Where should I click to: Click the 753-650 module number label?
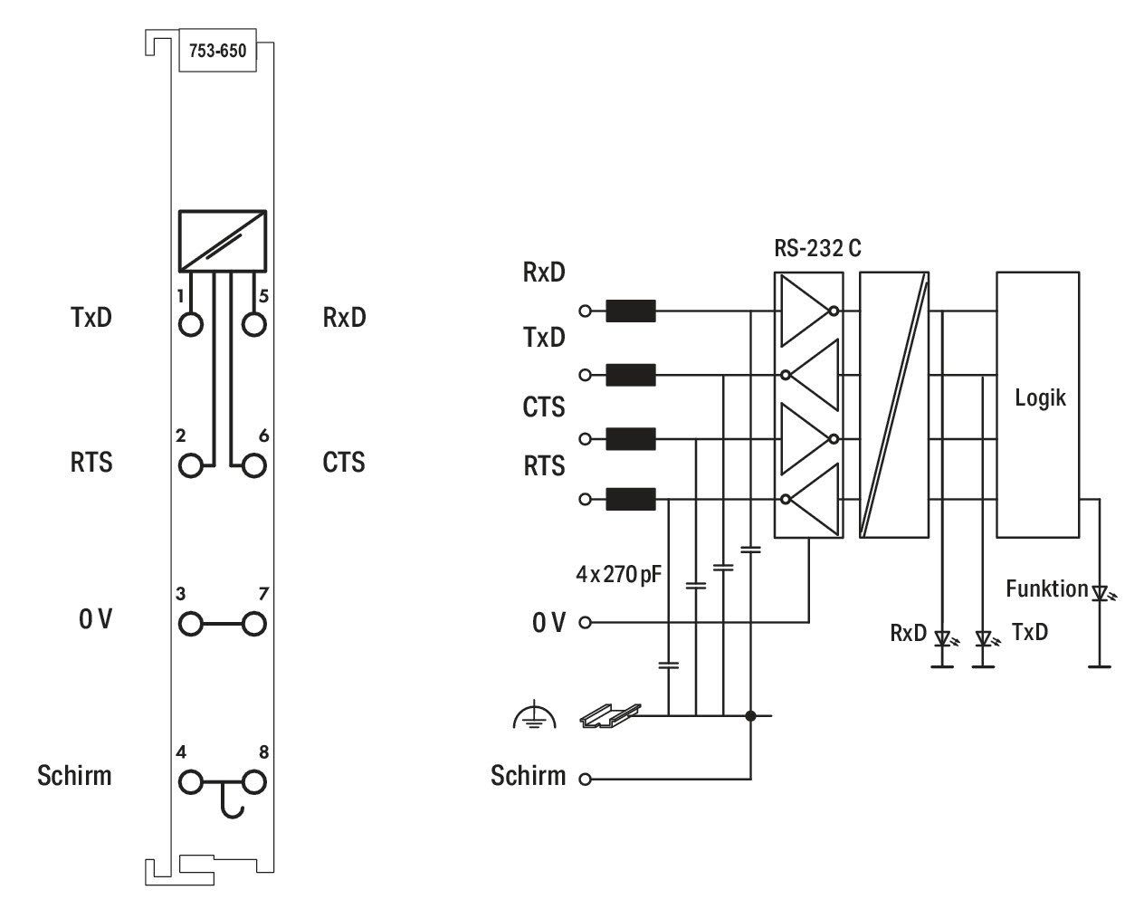tap(217, 51)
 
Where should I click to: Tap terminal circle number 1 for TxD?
tap(190, 324)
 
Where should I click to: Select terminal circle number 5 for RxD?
tap(254, 324)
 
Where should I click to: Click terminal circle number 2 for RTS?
tap(190, 466)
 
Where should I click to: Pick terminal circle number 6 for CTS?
tap(254, 466)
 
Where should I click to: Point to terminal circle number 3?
tap(190, 624)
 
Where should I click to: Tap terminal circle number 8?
tap(254, 782)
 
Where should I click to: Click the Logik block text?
tap(1040, 398)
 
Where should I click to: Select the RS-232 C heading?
tap(817, 248)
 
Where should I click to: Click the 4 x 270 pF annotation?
tap(618, 574)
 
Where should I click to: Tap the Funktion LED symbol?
tap(1102, 594)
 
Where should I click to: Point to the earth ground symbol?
tap(535, 714)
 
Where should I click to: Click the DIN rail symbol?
tap(611, 715)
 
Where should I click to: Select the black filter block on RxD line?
tap(631, 311)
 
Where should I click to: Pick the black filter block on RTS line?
tap(631, 499)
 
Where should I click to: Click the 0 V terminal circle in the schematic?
tap(585, 623)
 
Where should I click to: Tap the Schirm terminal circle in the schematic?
tap(585, 779)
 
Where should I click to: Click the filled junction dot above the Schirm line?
tap(750, 716)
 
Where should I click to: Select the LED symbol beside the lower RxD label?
tap(944, 639)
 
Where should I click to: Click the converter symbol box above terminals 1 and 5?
tap(223, 242)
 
